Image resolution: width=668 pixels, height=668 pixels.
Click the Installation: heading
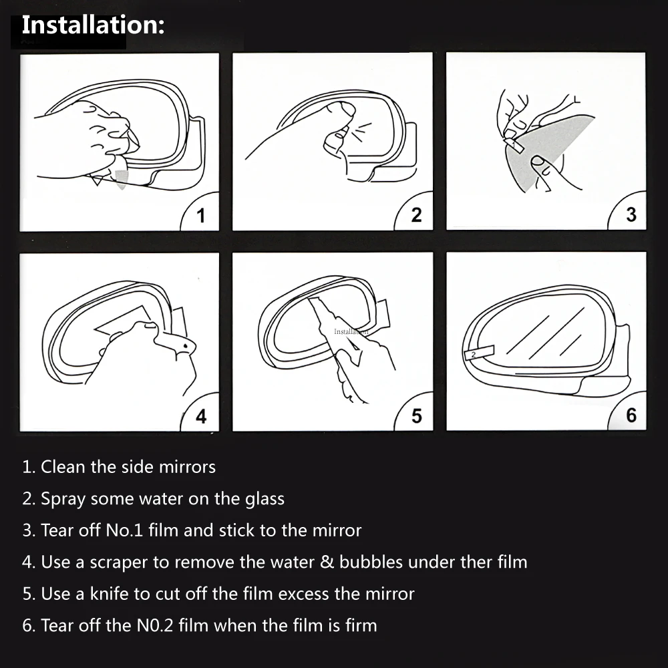click(x=93, y=25)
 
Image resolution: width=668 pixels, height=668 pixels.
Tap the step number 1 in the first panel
click(x=201, y=216)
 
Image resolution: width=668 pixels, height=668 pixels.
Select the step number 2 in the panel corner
click(x=416, y=215)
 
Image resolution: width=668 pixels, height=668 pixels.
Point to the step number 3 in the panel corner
click(x=631, y=214)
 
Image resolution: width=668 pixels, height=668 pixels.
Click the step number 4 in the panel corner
click(x=201, y=416)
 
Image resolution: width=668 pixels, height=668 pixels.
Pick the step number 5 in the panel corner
click(x=417, y=415)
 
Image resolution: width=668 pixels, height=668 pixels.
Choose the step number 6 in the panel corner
click(x=631, y=415)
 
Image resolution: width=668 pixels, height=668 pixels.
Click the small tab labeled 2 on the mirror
click(x=479, y=353)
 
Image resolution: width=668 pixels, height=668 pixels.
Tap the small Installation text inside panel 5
click(x=351, y=331)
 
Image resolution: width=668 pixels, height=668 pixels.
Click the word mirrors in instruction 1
click(x=187, y=467)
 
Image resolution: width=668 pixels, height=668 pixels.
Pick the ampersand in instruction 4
click(x=327, y=562)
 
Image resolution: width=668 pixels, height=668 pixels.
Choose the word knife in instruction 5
click(x=110, y=594)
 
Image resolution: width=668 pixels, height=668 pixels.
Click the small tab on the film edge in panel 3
click(x=514, y=144)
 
